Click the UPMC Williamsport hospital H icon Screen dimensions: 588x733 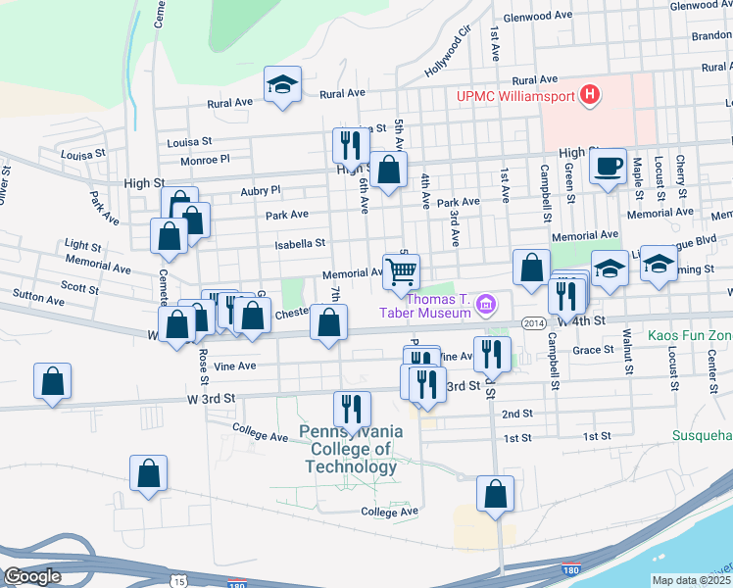click(590, 96)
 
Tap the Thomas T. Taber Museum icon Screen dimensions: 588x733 click(485, 307)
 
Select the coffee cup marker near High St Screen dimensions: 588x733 click(609, 166)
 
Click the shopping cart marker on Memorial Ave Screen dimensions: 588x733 click(401, 270)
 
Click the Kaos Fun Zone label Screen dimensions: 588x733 click(690, 335)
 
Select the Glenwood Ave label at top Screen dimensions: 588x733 click(537, 17)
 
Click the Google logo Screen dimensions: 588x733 click(31, 576)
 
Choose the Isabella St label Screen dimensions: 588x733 click(299, 243)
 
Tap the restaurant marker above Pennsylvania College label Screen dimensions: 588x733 click(352, 409)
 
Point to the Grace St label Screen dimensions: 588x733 click(593, 350)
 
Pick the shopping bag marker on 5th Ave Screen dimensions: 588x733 click(389, 169)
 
